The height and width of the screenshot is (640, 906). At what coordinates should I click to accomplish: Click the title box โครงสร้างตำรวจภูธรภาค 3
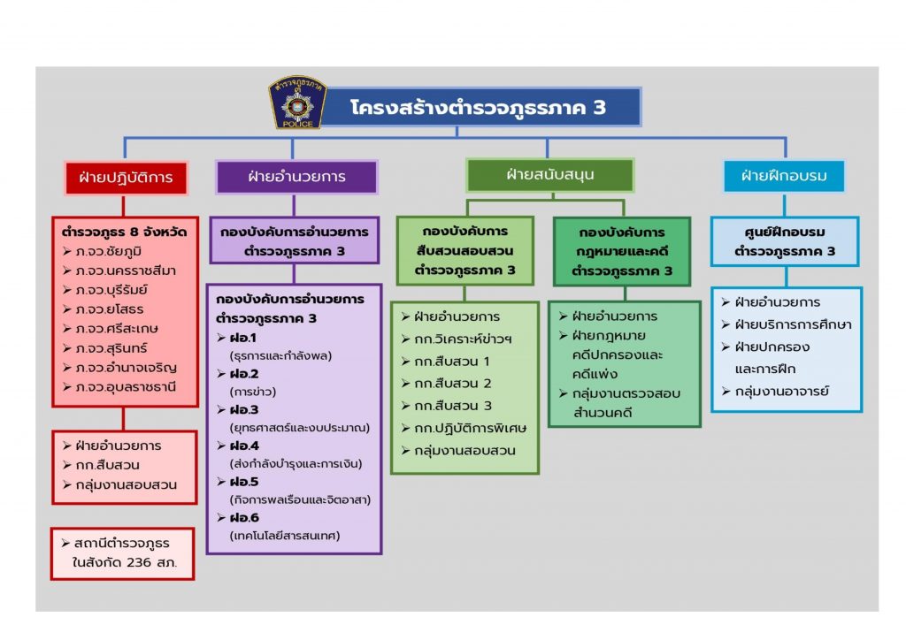(x=479, y=108)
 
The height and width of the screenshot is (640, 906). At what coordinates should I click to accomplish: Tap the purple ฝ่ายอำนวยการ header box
(x=297, y=177)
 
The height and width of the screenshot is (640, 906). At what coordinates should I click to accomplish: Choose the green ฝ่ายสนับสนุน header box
(x=549, y=175)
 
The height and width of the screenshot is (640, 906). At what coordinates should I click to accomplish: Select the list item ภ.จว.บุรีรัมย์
(x=116, y=289)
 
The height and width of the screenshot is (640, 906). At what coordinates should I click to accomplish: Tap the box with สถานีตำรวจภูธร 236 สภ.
(x=122, y=553)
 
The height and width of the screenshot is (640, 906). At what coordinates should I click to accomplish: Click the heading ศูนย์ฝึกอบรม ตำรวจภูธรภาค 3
(x=784, y=241)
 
